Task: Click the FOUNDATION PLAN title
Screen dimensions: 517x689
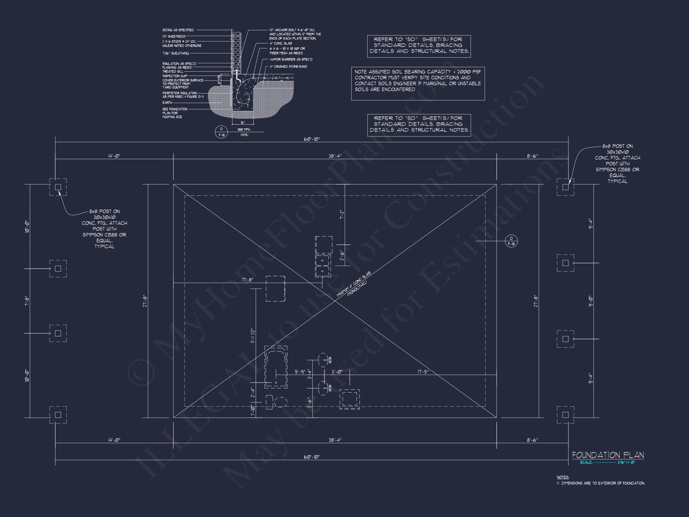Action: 608,455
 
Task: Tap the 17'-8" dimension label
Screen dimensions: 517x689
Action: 248,279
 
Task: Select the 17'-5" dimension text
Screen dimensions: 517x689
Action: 423,372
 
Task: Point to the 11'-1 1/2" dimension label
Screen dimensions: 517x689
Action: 253,336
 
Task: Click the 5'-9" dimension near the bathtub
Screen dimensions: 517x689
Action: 300,372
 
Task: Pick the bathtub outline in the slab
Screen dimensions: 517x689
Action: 276,367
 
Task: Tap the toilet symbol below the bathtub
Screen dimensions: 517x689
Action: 277,402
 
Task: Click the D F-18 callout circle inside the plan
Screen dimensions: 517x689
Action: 511,241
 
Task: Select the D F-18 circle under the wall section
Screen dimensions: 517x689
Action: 222,132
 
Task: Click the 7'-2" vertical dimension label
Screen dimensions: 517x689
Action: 342,215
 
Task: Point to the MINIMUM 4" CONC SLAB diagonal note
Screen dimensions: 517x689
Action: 353,284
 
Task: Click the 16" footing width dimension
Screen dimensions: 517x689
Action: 243,123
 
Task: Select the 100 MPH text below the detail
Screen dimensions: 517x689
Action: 244,129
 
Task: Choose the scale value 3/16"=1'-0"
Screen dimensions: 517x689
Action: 626,462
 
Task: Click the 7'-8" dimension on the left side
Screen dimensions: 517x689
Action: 27,301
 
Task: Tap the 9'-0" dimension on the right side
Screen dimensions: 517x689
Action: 591,301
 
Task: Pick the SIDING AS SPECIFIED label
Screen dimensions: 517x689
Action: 178,30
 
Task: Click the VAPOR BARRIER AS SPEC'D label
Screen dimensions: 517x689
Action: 291,60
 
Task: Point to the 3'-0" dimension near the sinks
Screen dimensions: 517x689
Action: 337,372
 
